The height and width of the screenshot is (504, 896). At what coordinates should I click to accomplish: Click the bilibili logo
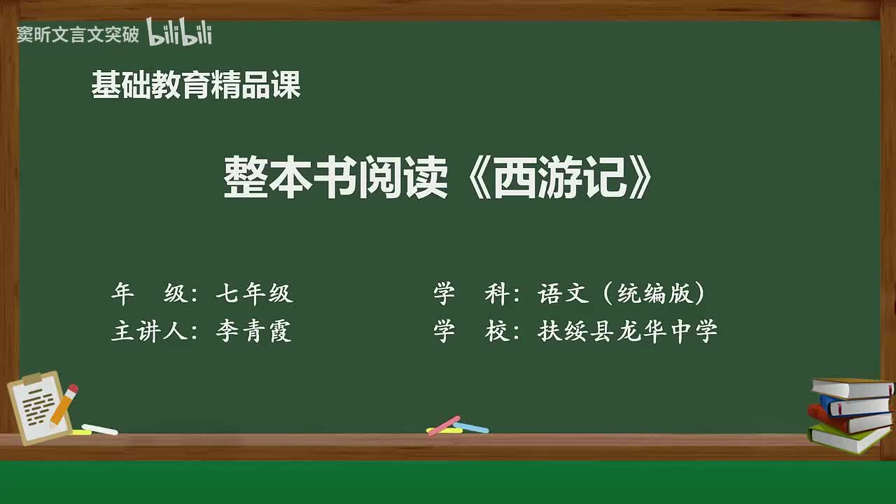click(x=179, y=33)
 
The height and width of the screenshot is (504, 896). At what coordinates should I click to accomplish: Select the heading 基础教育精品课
click(x=196, y=85)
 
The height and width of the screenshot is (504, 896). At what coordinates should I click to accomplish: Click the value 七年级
click(x=254, y=293)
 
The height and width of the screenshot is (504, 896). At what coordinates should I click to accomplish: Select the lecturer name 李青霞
click(x=253, y=331)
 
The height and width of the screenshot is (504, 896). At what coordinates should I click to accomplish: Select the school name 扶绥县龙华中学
click(x=628, y=331)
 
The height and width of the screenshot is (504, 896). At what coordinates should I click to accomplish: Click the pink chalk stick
click(x=444, y=425)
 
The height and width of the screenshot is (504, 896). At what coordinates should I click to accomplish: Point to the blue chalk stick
click(x=471, y=427)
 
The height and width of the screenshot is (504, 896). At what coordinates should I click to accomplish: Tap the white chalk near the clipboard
click(x=99, y=429)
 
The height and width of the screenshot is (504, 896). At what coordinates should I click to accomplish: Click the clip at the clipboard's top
click(x=32, y=379)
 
